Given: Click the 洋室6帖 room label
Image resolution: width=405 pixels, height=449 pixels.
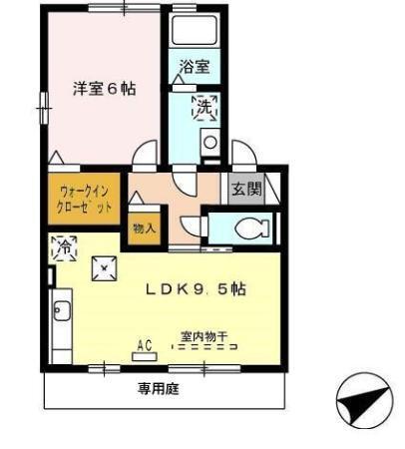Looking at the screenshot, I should [x=104, y=88].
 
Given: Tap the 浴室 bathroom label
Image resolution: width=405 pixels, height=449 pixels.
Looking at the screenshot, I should [x=195, y=68].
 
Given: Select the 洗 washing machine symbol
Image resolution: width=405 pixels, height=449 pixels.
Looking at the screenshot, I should [x=203, y=107].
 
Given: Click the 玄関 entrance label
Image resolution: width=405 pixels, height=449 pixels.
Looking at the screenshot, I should [x=245, y=188].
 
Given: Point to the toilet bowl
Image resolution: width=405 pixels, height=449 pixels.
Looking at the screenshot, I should [x=247, y=228].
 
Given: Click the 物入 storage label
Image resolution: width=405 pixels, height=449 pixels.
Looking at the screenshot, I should [x=143, y=227].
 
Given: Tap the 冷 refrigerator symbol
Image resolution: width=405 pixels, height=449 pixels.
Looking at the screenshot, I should [x=62, y=245].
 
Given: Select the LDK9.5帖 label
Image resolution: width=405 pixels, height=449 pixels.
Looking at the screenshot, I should [x=196, y=289].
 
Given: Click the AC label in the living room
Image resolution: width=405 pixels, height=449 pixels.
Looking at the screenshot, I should [x=144, y=344].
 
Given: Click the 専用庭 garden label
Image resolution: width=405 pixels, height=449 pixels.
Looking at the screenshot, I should [x=158, y=389].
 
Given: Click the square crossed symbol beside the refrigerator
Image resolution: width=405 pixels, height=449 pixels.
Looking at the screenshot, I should [x=105, y=268].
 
